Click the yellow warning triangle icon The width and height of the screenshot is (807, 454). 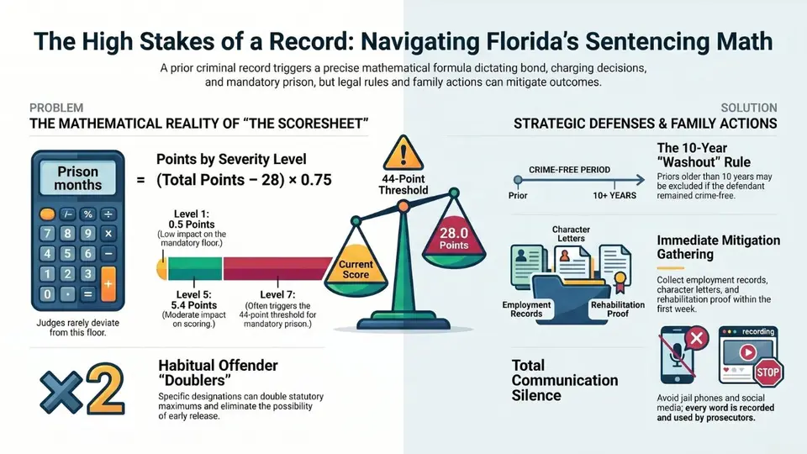click(x=403, y=153)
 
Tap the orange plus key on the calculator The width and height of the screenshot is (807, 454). click(x=108, y=283)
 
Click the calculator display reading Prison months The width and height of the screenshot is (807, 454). click(x=77, y=178)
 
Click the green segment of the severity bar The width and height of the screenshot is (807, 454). click(x=195, y=268)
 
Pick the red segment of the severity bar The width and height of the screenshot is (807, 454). click(x=277, y=268)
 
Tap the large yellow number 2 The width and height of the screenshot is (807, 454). click(x=104, y=388)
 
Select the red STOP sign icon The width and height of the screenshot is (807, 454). click(x=767, y=372)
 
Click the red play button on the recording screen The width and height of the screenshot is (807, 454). click(x=748, y=352)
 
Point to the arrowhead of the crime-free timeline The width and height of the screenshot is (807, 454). click(x=641, y=180)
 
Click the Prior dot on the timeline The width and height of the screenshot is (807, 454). click(x=518, y=180)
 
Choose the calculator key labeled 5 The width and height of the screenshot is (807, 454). click(x=67, y=253)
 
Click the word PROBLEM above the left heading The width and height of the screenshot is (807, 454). click(x=56, y=108)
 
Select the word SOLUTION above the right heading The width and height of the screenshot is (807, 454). click(x=749, y=108)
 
